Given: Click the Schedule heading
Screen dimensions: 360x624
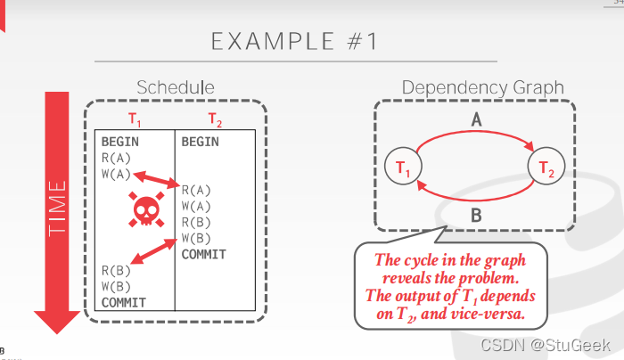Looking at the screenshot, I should (x=175, y=87).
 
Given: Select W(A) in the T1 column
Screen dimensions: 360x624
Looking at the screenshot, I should (x=115, y=173).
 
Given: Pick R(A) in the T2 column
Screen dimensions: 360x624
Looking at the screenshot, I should (x=196, y=189).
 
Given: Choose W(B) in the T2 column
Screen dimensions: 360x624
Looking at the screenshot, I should (x=196, y=238).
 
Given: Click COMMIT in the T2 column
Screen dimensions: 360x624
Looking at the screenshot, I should (x=203, y=254).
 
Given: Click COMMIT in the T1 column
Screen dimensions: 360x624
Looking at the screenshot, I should (x=123, y=302).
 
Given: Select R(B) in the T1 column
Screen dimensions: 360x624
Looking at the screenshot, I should (x=115, y=270).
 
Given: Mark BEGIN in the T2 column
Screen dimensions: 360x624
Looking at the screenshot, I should (x=200, y=141).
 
